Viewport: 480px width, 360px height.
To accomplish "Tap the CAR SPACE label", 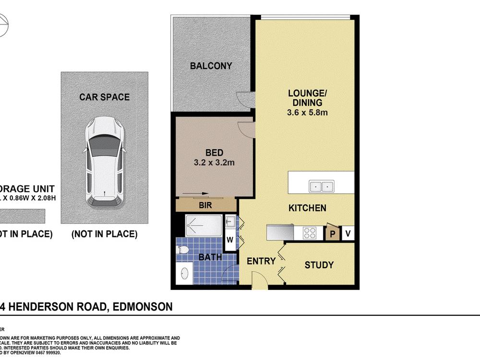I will (x=104, y=97).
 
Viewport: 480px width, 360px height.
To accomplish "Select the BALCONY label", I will (x=211, y=66).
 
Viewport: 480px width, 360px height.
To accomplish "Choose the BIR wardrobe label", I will (x=206, y=204).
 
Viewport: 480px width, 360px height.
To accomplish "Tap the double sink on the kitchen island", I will (x=321, y=185).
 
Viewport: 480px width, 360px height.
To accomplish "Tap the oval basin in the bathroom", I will (x=185, y=275).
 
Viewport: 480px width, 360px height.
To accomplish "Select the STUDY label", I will (x=319, y=265).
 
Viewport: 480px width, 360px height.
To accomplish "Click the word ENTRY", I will (x=261, y=262).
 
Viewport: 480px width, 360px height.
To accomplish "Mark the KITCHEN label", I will (x=307, y=208).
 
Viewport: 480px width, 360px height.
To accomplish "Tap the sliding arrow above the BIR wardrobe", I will (x=197, y=194).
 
